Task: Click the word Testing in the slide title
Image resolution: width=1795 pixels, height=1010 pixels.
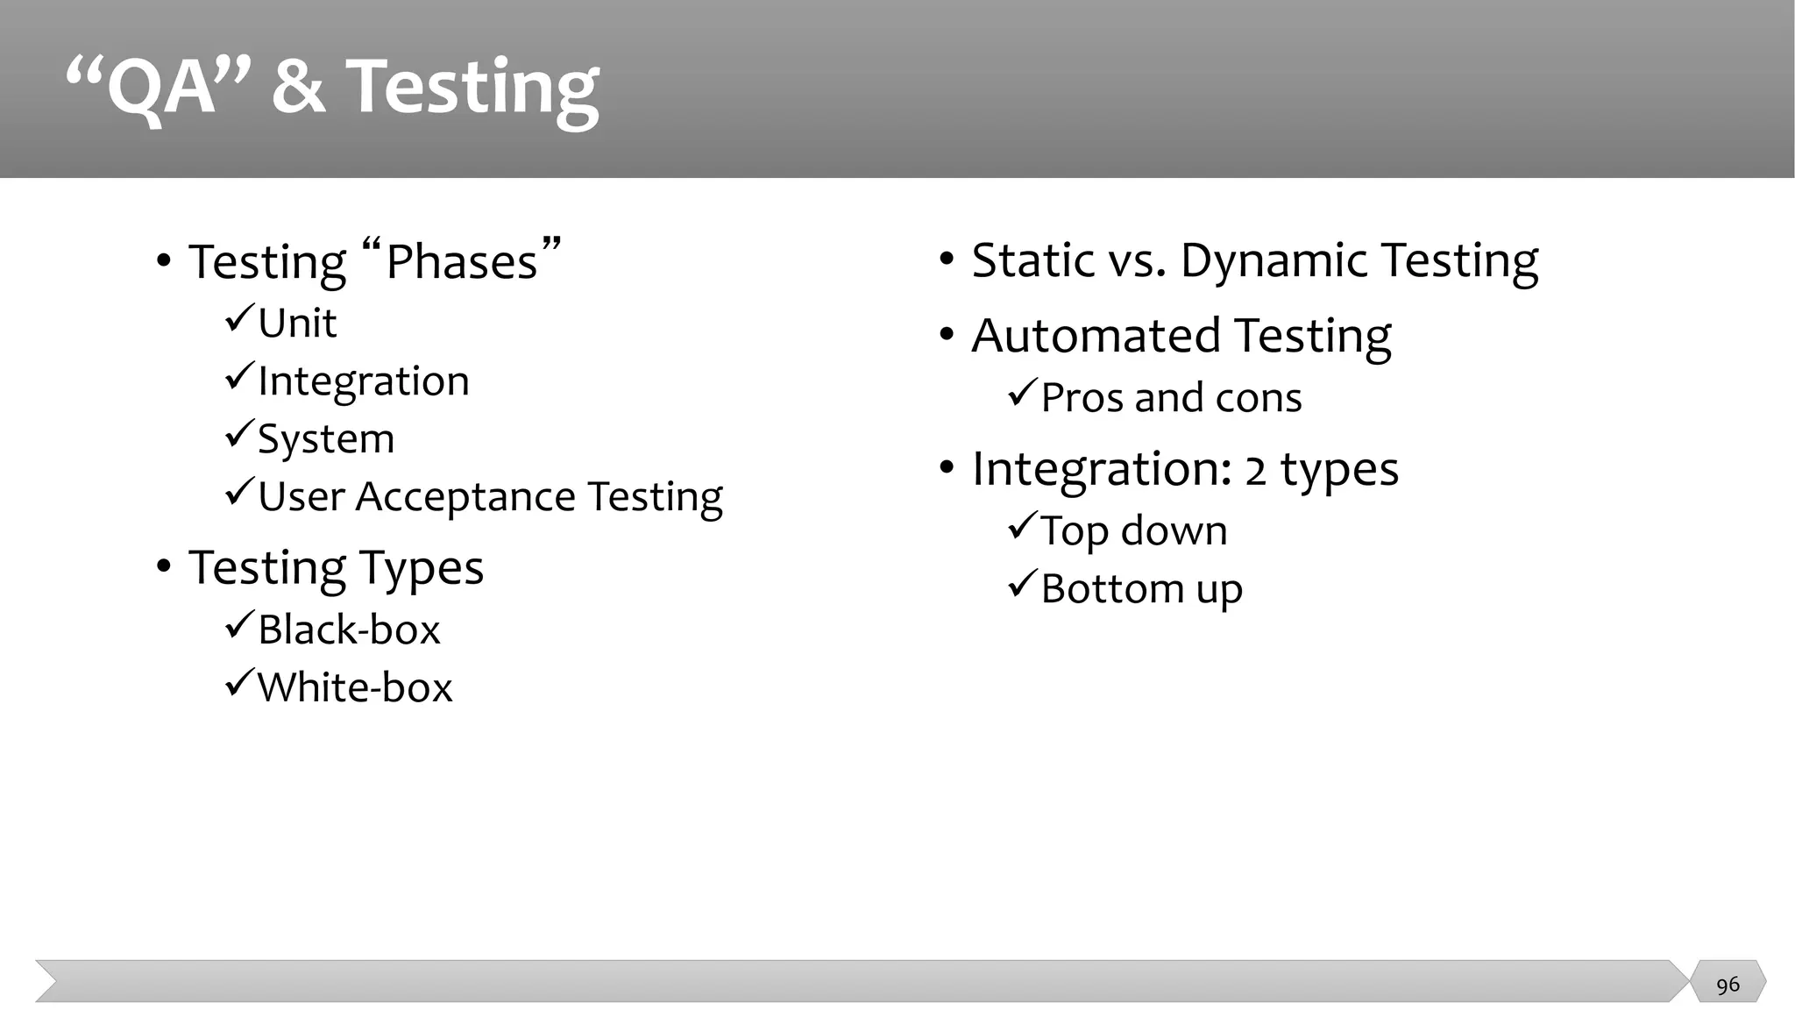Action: click(473, 88)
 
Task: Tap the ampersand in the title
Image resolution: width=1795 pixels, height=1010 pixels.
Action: click(298, 88)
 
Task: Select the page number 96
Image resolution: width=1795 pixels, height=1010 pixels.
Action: click(1728, 985)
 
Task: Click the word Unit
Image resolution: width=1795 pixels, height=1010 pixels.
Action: click(297, 324)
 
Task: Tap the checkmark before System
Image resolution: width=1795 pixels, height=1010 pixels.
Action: click(238, 435)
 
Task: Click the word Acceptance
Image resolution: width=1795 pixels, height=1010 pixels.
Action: click(465, 497)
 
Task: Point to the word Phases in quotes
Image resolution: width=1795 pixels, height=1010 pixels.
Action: click(461, 262)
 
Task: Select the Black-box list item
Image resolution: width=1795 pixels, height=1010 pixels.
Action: click(348, 630)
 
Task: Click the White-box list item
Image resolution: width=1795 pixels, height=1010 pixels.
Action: click(354, 687)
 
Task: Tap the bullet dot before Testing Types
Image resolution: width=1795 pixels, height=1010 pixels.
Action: click(163, 567)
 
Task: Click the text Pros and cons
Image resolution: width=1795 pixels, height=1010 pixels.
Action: click(1171, 398)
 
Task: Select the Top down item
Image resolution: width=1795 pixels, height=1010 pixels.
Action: click(1133, 531)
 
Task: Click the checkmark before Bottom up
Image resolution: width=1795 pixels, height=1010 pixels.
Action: click(1022, 584)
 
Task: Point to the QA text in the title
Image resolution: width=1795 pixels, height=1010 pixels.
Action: click(160, 88)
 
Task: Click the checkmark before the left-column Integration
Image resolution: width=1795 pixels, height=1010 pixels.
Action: click(238, 377)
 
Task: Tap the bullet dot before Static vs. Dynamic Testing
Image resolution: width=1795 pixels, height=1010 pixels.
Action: click(947, 260)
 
